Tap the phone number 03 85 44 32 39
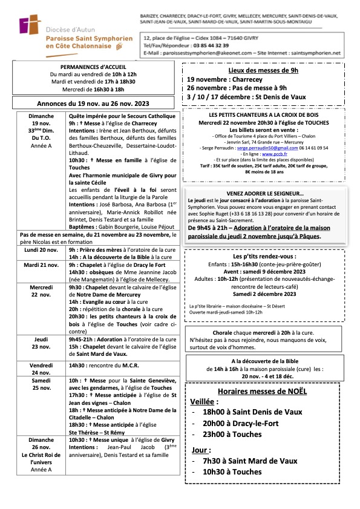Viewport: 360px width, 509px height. [x=206, y=45]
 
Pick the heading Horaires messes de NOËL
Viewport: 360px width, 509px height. [x=261, y=391]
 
